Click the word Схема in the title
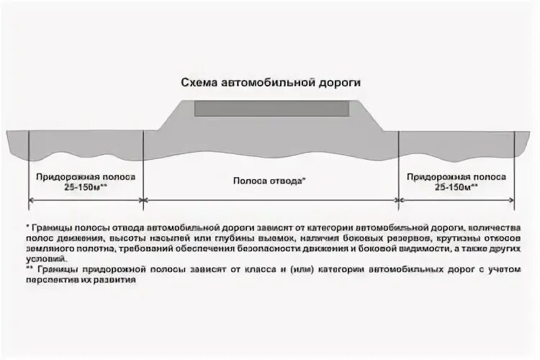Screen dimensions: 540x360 196,83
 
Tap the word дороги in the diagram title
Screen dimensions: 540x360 341,83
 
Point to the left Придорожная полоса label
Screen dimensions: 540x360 85,176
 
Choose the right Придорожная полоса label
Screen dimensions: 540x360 457,176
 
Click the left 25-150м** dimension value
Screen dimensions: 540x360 85,187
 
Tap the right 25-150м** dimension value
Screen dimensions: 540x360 457,187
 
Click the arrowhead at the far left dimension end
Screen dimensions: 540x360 31,199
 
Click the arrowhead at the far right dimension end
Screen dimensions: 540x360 513,199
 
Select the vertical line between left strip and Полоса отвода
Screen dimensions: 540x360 144,166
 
